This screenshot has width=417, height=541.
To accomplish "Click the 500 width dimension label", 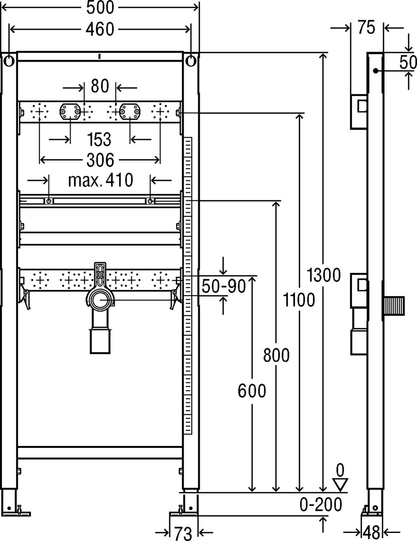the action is [x=100, y=8].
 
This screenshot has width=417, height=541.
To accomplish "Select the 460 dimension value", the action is [x=100, y=30].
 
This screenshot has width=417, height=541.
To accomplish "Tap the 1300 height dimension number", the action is [x=323, y=275].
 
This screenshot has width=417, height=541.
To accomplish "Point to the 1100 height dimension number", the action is [x=299, y=300].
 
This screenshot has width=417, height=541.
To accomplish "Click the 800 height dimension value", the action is [x=276, y=355].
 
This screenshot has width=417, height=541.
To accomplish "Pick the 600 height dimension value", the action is [x=252, y=391].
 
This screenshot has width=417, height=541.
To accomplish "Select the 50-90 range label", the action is [x=223, y=286].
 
